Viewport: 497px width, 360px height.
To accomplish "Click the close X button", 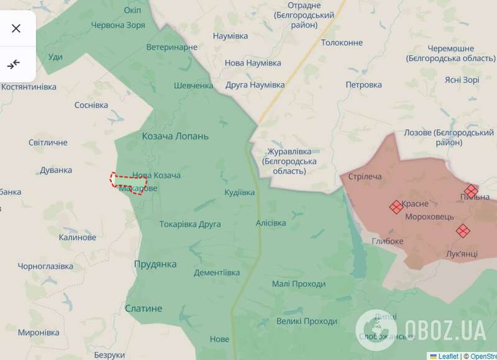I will [16, 28].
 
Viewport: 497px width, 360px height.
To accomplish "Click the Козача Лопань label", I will [176, 136].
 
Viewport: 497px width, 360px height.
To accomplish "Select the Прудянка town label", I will [155, 264].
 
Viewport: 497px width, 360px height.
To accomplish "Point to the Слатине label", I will [144, 308].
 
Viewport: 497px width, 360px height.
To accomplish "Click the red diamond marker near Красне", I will [395, 207].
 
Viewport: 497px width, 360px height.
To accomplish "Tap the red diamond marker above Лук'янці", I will [463, 231].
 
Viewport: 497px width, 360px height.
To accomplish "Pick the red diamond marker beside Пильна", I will [472, 191].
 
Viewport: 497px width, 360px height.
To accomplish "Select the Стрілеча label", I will [365, 177].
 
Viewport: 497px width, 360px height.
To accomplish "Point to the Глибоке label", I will [388, 241].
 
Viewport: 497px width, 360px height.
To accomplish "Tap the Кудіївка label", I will [240, 193].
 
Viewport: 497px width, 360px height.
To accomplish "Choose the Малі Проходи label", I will [299, 284].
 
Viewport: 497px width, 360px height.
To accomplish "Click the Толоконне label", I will [342, 43].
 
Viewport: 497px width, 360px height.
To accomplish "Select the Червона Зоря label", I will [118, 25].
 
